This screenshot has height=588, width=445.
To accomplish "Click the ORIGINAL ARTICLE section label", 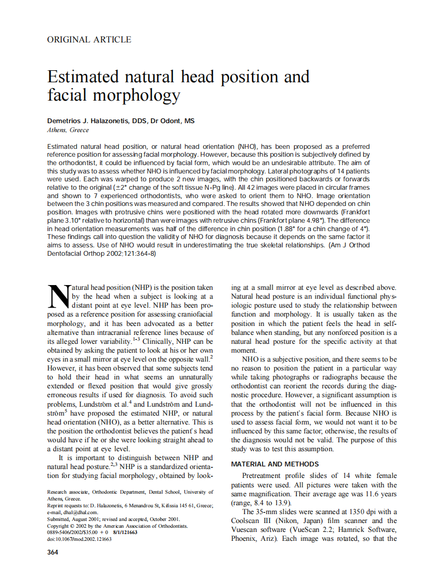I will point(89,39).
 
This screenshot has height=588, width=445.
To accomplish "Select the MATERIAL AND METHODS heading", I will point(275,464).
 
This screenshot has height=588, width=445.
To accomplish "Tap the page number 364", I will point(53,552).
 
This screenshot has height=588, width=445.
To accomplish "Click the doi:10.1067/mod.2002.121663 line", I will point(79,538).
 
